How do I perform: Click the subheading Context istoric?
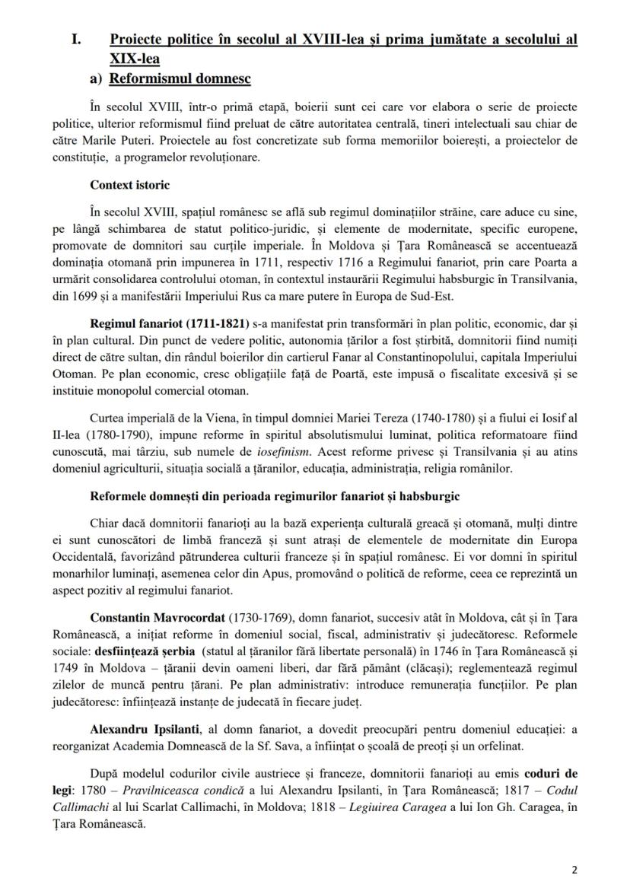coord(130,184)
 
